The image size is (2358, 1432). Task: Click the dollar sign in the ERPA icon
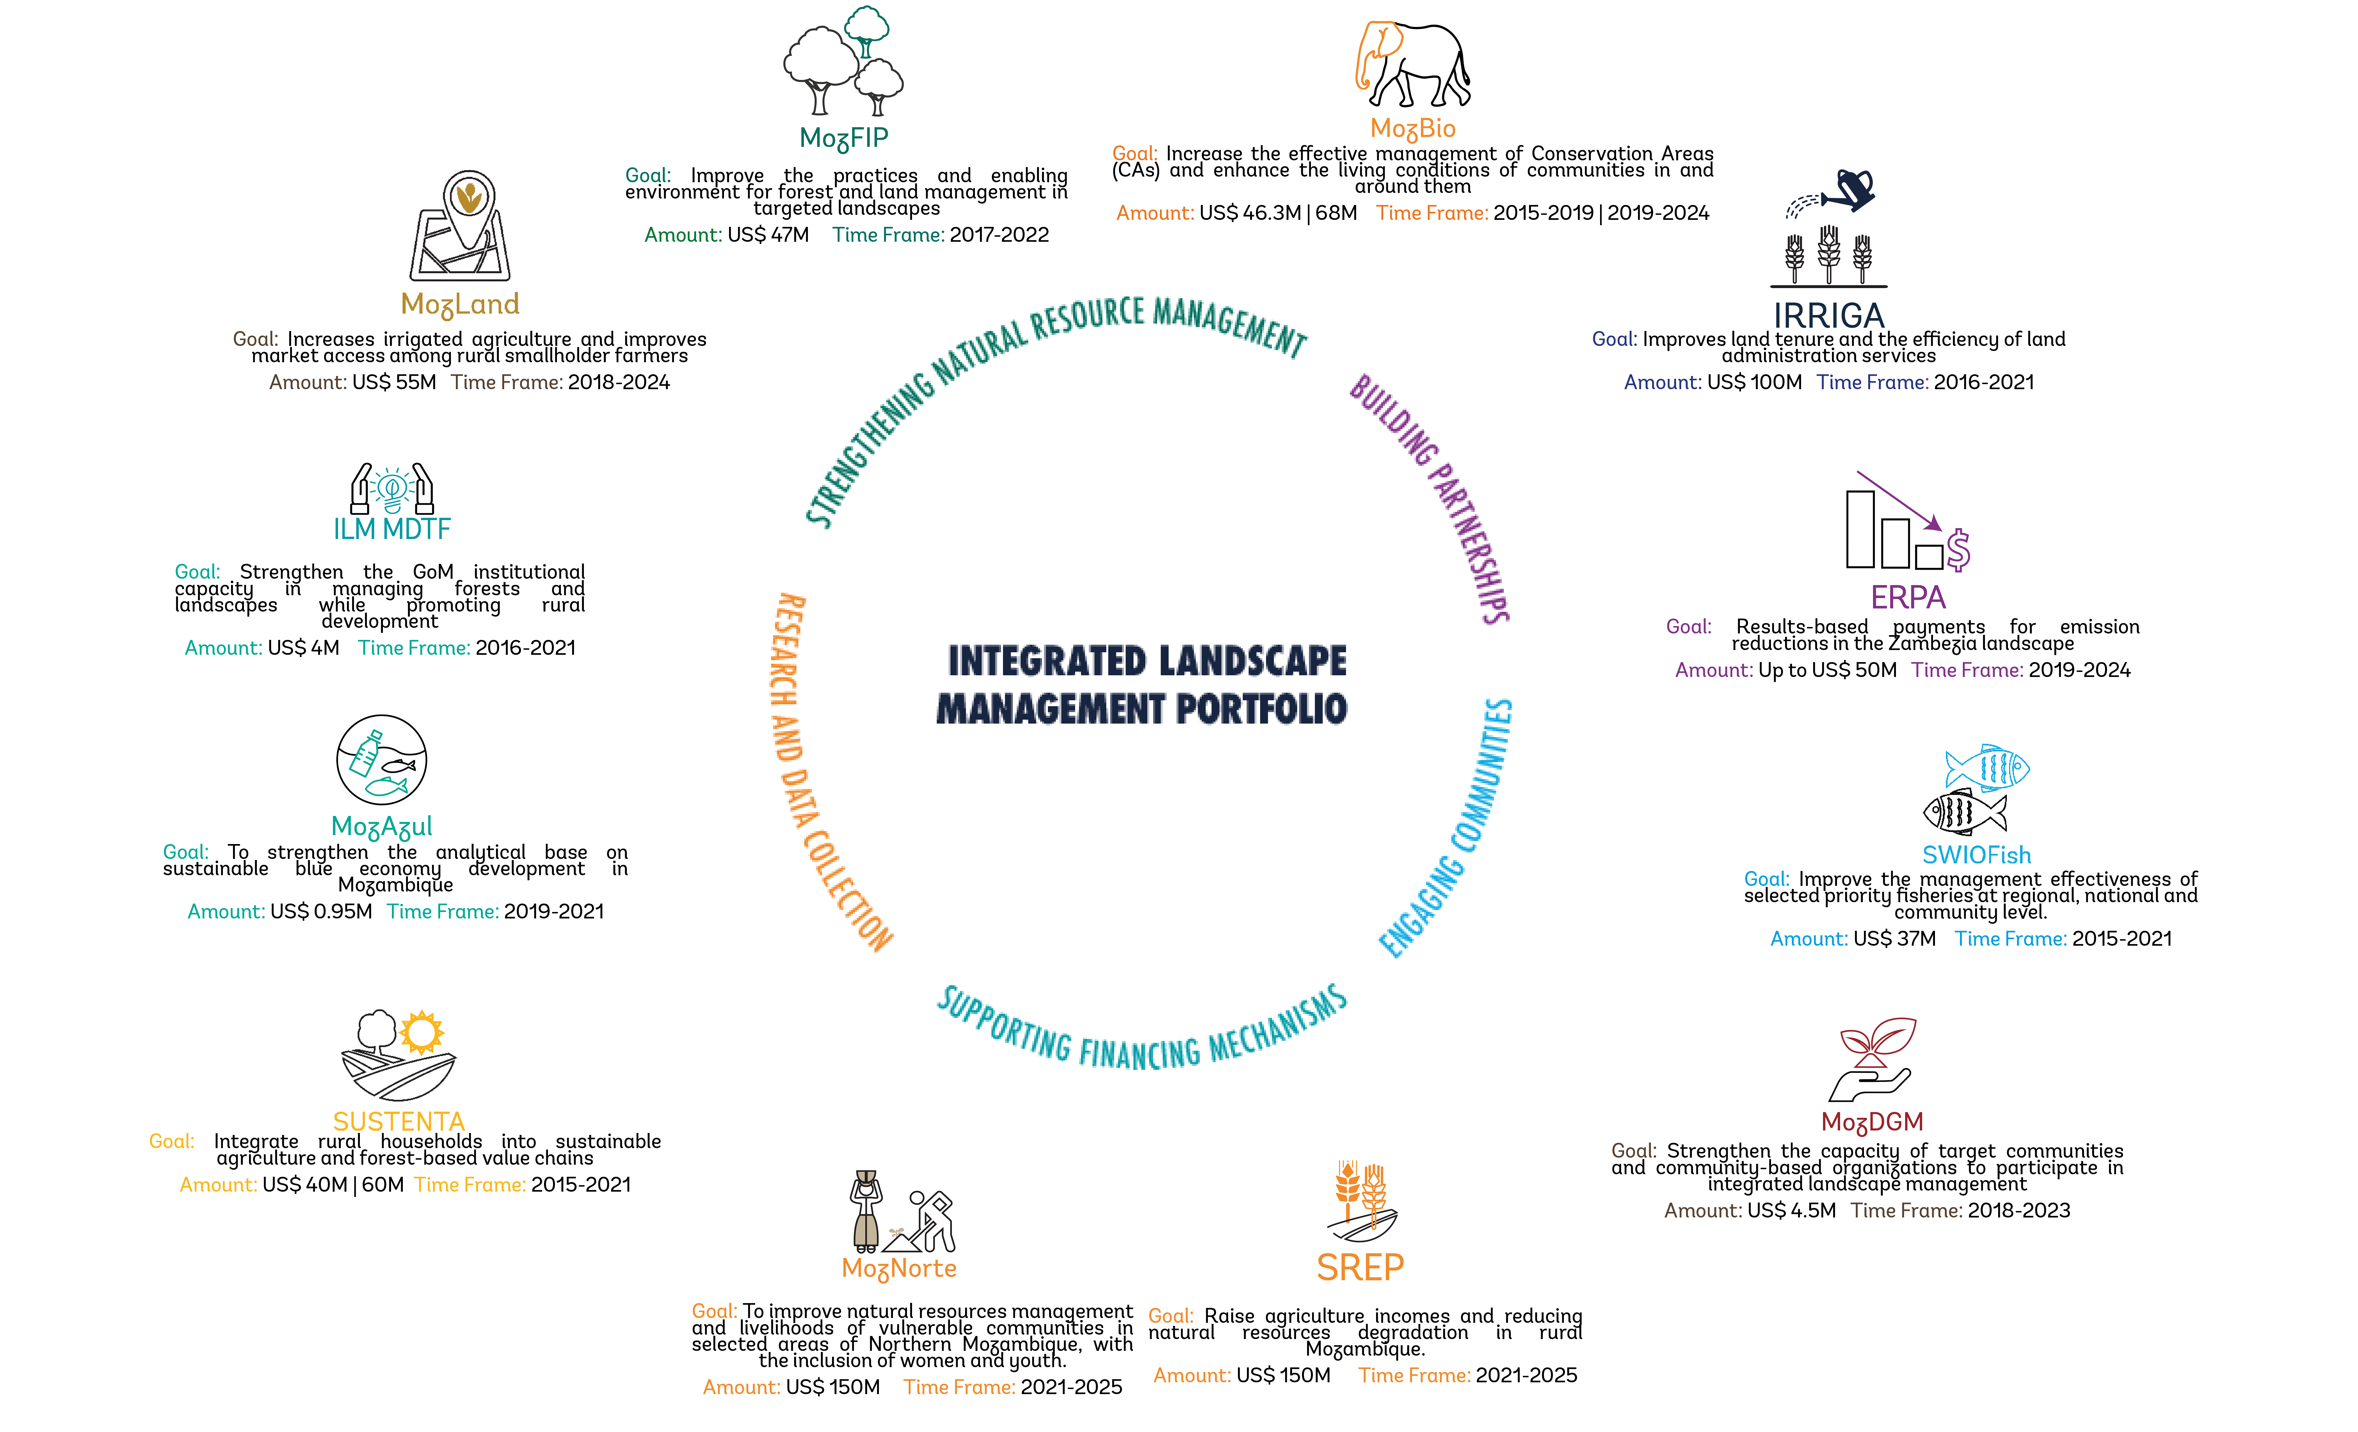coord(1958,549)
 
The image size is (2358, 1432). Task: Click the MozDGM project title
coord(1872,1122)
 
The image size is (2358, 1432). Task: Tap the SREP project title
coord(1360,1267)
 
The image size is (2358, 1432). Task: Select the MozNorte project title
coord(899,1268)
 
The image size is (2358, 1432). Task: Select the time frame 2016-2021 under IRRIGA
coord(1984,382)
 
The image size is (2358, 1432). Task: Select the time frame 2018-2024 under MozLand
coord(618,382)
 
